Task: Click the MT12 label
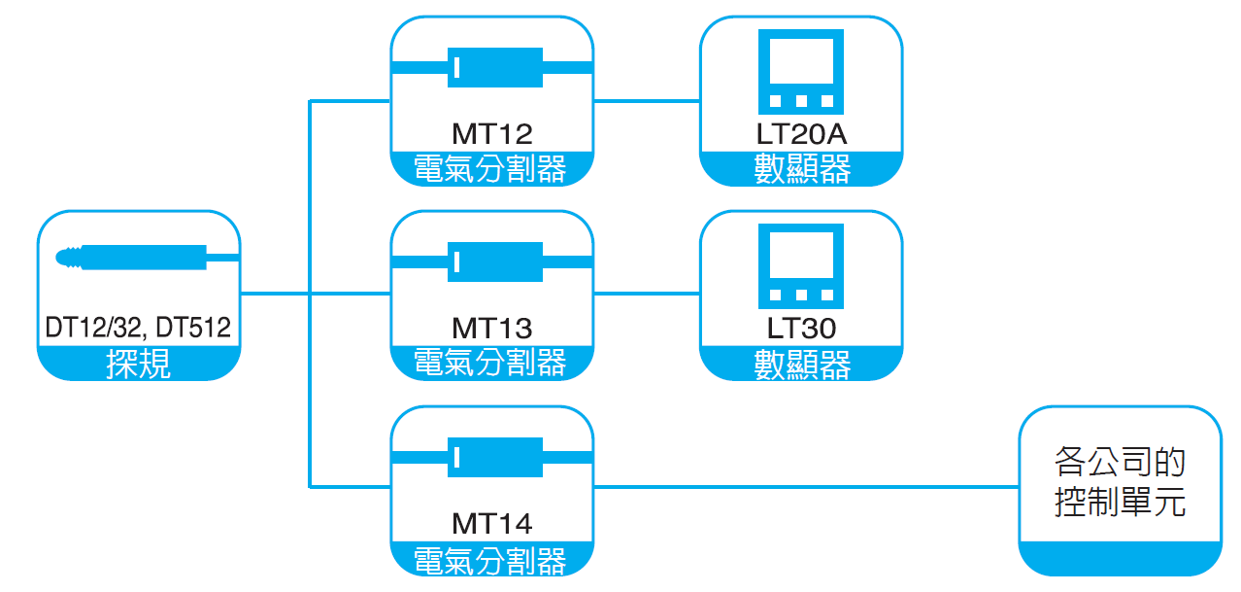(x=491, y=133)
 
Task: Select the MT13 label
(x=491, y=328)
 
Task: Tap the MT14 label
(x=491, y=524)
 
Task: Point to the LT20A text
(x=801, y=133)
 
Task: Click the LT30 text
(x=801, y=328)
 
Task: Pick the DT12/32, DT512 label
(x=139, y=328)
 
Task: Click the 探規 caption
(x=139, y=365)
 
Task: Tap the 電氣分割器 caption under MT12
(x=491, y=169)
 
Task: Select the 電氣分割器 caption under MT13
(x=491, y=364)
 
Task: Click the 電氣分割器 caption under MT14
(x=491, y=560)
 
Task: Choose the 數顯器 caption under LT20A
(x=801, y=169)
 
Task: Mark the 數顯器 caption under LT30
(x=801, y=364)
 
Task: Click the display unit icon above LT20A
(x=801, y=71)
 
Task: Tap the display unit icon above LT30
(x=801, y=265)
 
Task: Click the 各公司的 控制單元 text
(x=1120, y=482)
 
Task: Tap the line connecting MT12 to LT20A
(x=647, y=100)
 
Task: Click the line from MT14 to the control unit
(x=806, y=485)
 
